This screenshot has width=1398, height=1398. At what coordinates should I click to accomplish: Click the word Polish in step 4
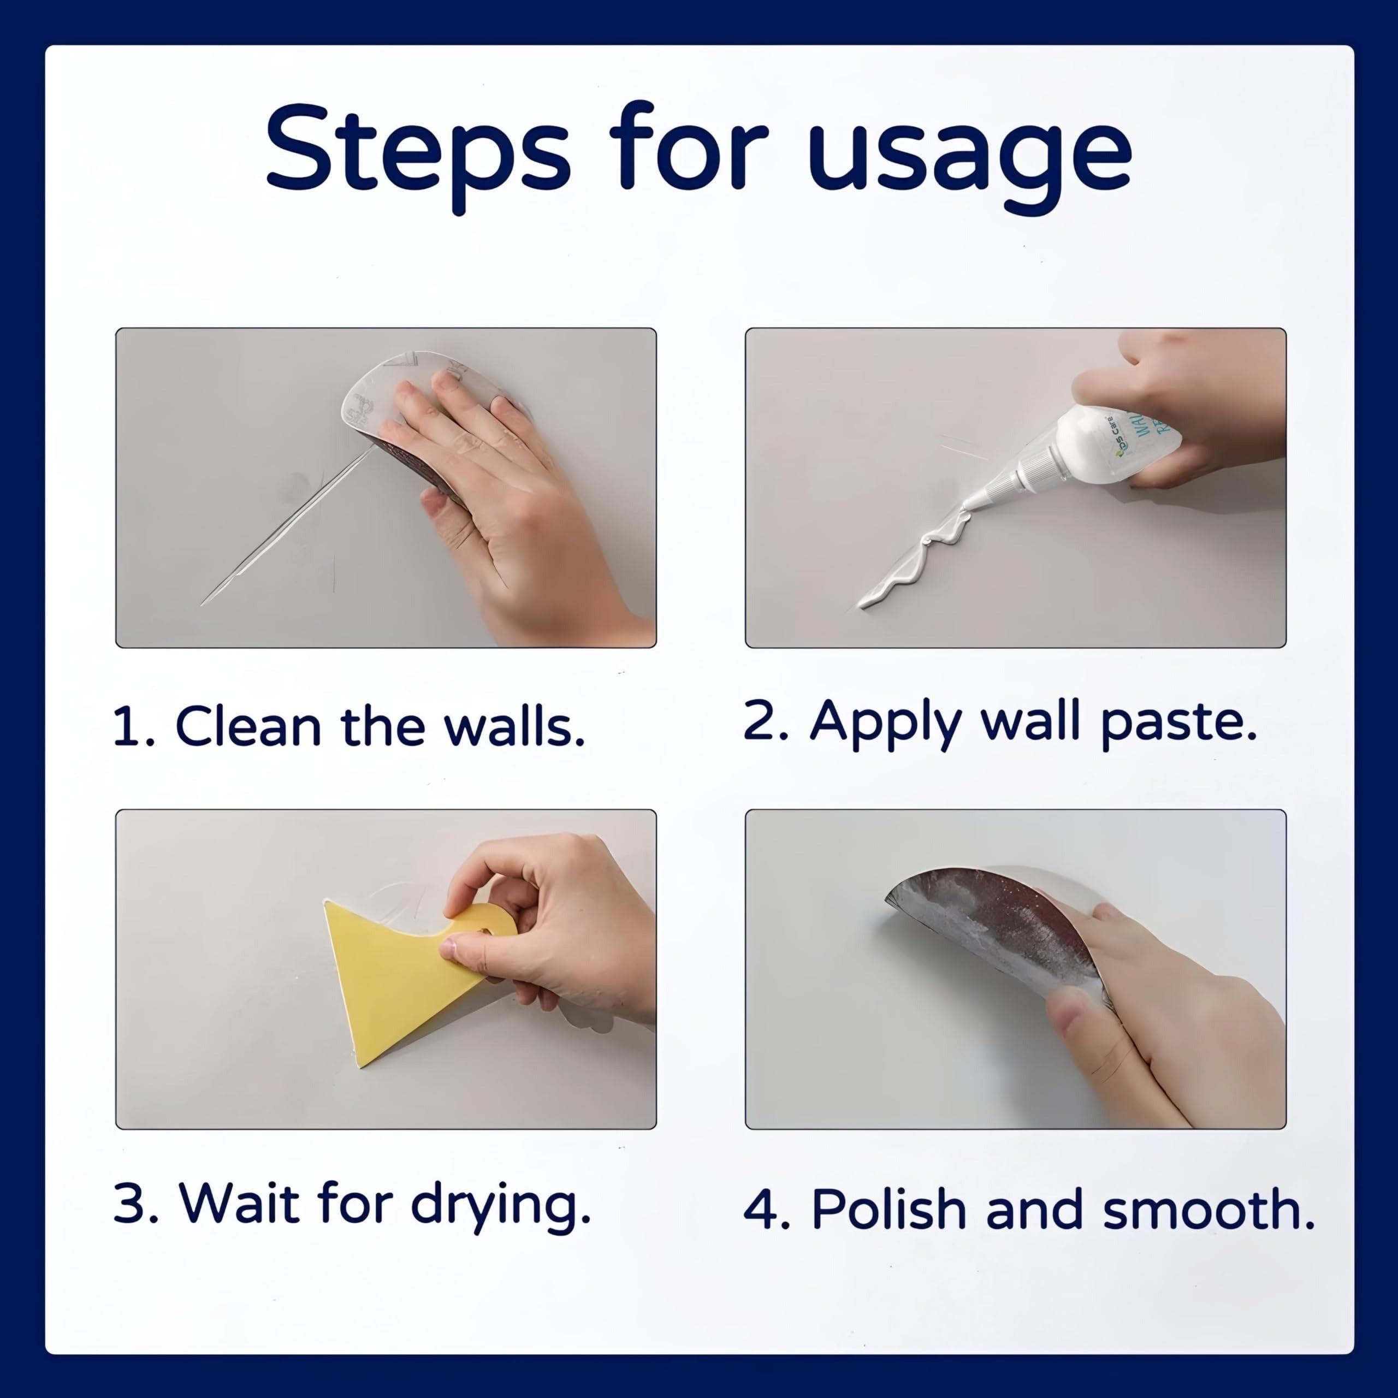pyautogui.click(x=888, y=1210)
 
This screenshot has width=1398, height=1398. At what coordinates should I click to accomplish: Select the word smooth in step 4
pyautogui.click(x=1208, y=1210)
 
